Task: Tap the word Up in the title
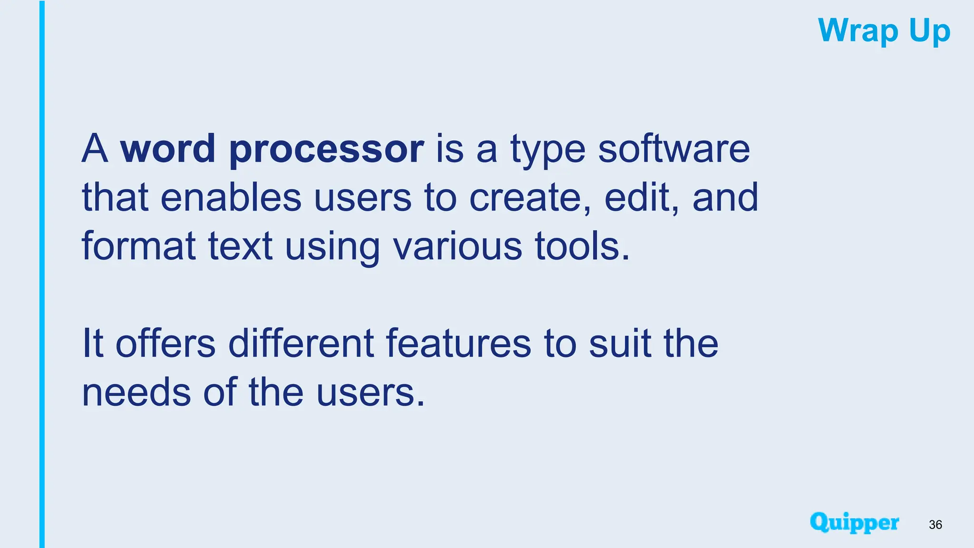(929, 31)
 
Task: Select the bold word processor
(326, 149)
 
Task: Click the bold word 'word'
(167, 148)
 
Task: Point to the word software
(674, 148)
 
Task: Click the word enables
(231, 197)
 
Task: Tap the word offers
(166, 343)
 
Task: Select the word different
(301, 343)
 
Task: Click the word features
(458, 343)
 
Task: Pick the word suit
(619, 343)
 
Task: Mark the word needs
(136, 392)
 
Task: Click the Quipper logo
(854, 523)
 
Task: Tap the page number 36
(935, 525)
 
